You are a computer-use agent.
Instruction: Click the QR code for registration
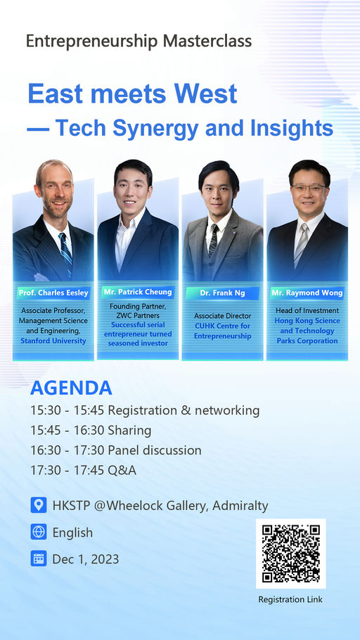(x=291, y=553)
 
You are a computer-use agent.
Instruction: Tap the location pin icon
(x=39, y=505)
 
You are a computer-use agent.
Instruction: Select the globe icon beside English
(x=39, y=532)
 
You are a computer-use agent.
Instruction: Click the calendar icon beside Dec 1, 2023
(x=39, y=558)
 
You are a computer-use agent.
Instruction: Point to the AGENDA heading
(x=71, y=388)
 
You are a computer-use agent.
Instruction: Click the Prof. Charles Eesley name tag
(x=53, y=293)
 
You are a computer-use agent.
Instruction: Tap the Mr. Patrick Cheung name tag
(x=138, y=293)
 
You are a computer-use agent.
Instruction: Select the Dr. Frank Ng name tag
(x=222, y=293)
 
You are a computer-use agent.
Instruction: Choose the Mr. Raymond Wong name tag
(x=307, y=293)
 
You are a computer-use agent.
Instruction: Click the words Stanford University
(x=53, y=341)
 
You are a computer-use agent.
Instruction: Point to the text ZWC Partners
(x=138, y=316)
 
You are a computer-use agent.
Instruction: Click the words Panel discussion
(x=154, y=450)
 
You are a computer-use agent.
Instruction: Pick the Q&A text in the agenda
(x=122, y=471)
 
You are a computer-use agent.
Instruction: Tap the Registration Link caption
(x=290, y=599)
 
